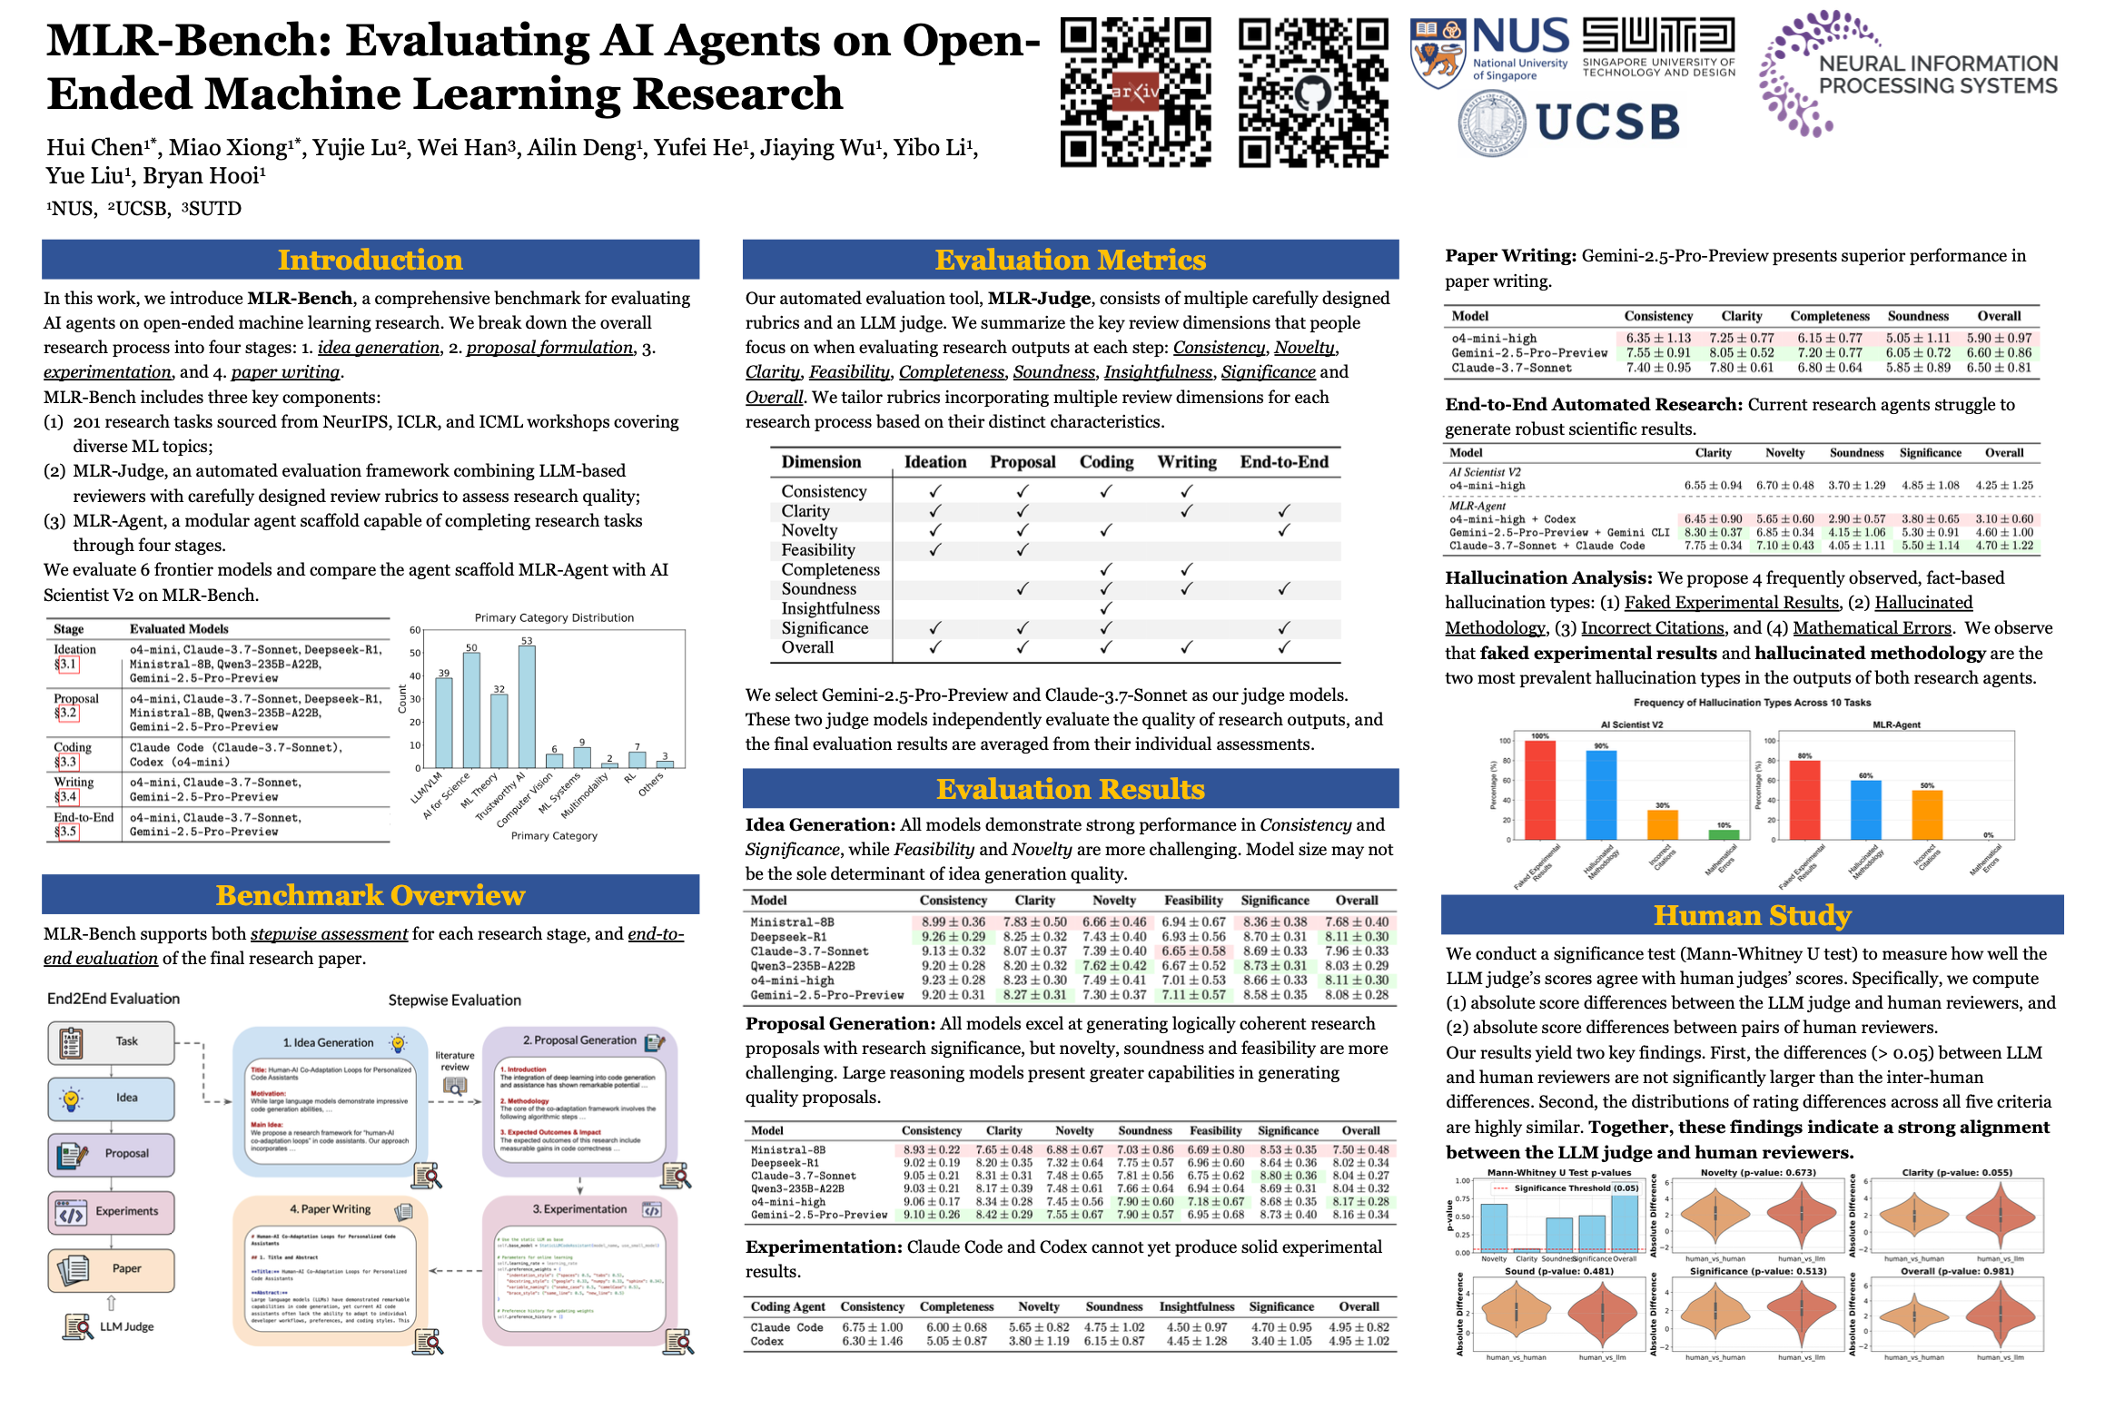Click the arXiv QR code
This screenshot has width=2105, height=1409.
point(1135,92)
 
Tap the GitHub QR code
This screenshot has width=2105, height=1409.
point(1313,92)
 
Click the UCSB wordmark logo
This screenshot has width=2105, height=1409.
point(1607,123)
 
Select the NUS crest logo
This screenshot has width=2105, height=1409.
point(1438,53)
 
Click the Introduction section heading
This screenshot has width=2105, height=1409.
point(370,260)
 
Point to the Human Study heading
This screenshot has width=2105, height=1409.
point(1752,915)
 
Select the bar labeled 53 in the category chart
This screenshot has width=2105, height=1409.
point(527,706)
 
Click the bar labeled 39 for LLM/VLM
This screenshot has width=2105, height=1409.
point(444,723)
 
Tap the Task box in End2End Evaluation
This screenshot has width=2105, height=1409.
point(111,1041)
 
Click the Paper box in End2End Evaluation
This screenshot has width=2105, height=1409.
point(111,1268)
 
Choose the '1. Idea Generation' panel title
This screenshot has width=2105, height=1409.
point(328,1043)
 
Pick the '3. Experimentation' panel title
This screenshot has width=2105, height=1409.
point(579,1209)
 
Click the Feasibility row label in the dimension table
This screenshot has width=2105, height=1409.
point(818,550)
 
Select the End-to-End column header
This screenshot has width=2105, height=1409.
point(1284,462)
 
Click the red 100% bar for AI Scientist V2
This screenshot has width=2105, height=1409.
point(1540,790)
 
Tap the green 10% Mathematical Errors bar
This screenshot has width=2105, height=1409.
point(1724,834)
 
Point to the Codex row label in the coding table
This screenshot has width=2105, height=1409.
point(767,1341)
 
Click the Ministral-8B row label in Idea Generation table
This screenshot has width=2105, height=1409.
point(792,922)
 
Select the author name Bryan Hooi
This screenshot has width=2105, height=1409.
point(204,176)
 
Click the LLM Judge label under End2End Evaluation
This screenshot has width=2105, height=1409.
point(126,1326)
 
